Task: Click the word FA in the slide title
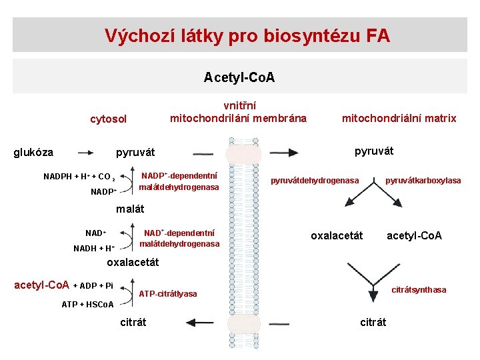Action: (x=378, y=35)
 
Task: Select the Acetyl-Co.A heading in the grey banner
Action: (x=239, y=78)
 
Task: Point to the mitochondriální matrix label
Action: (x=399, y=118)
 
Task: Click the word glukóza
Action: (x=33, y=152)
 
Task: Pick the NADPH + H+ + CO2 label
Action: (x=79, y=177)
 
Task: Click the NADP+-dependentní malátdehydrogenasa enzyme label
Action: (x=179, y=181)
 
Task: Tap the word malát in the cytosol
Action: (x=130, y=209)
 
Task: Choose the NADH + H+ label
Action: (x=94, y=248)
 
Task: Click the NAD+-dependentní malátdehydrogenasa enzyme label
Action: (x=179, y=238)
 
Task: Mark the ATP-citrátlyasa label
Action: (x=167, y=294)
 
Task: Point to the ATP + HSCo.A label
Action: (x=87, y=305)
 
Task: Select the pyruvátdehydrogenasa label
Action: (x=315, y=180)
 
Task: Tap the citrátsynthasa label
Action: (x=419, y=290)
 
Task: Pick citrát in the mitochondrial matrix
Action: (x=373, y=322)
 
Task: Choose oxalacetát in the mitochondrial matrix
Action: (x=337, y=235)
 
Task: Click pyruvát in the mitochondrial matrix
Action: (x=374, y=151)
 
